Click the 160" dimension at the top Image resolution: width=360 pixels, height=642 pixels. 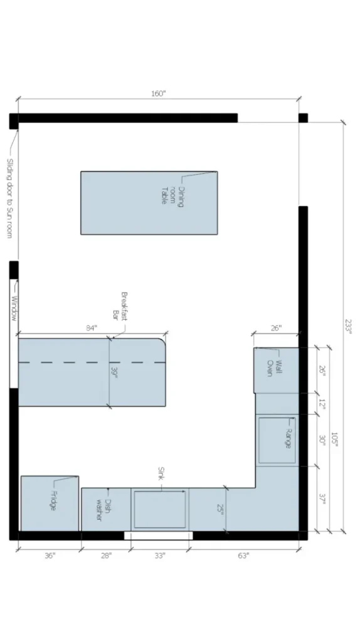(x=158, y=94)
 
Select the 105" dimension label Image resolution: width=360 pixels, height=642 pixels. (x=336, y=440)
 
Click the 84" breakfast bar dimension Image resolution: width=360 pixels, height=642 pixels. (x=92, y=328)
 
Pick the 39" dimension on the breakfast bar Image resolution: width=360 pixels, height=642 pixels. (x=115, y=374)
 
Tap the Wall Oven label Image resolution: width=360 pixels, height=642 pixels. (x=275, y=367)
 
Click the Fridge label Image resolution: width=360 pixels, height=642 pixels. (x=54, y=500)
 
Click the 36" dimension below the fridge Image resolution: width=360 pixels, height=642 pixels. (x=50, y=555)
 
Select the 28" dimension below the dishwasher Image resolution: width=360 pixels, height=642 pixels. (x=105, y=555)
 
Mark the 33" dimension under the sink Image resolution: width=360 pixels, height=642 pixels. (x=159, y=555)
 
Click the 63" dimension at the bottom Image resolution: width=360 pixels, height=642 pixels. (x=243, y=555)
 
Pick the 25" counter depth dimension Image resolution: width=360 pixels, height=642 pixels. (x=220, y=508)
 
